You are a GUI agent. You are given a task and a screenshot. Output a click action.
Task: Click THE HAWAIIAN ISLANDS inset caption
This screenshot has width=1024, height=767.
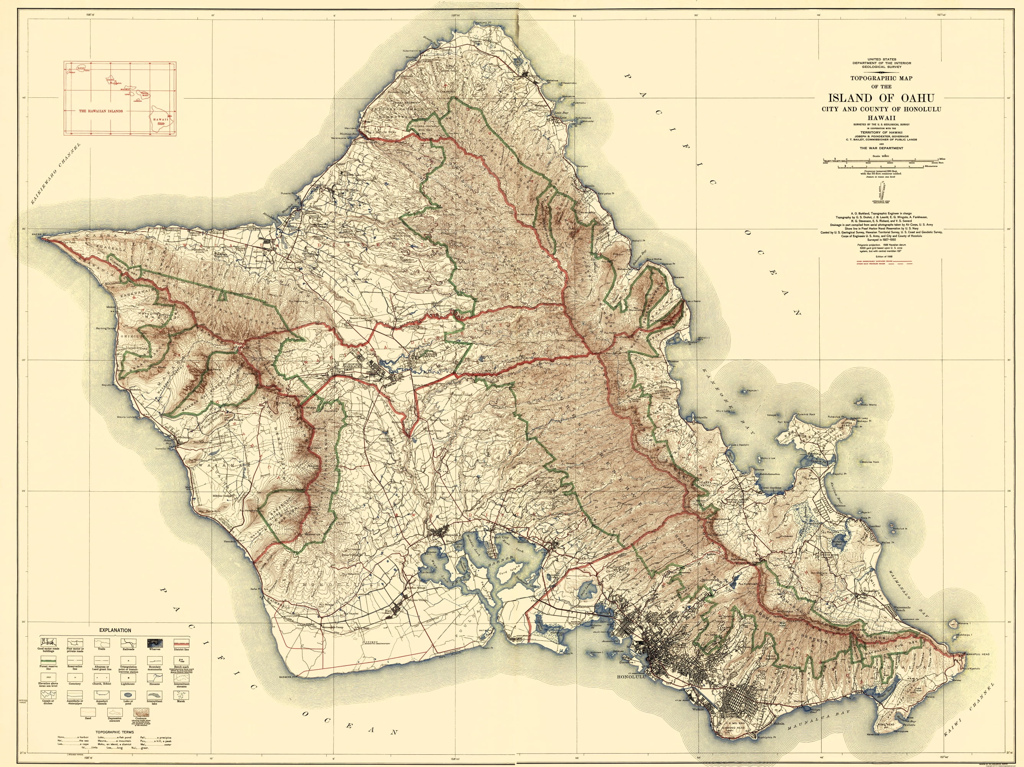[100, 111]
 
